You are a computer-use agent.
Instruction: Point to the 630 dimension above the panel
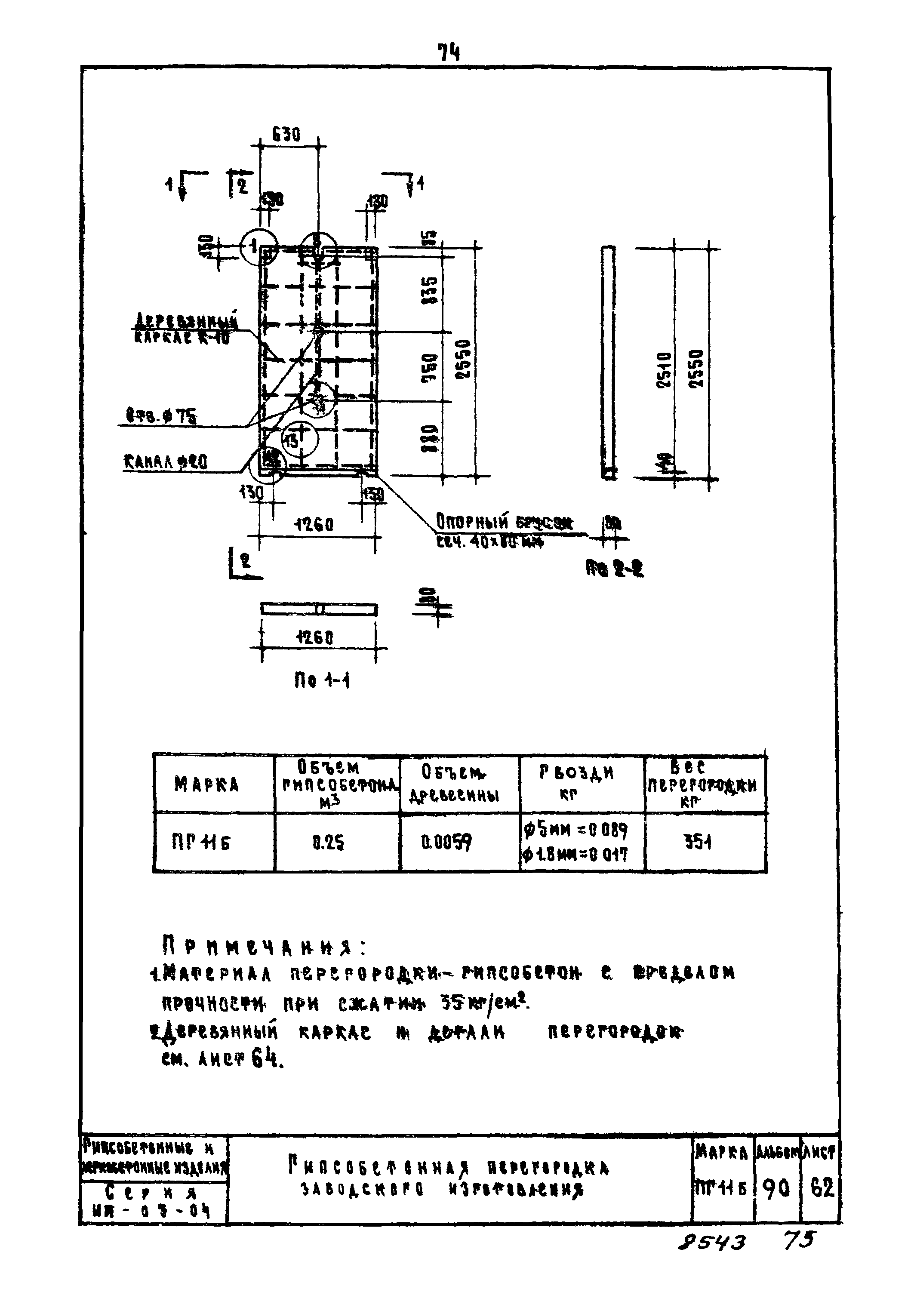[286, 134]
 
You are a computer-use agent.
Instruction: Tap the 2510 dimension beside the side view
[665, 369]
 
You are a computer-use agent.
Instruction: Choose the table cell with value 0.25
[328, 842]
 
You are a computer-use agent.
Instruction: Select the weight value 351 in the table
[698, 842]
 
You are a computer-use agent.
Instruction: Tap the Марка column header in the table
[206, 784]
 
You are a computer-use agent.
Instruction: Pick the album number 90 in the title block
[776, 1189]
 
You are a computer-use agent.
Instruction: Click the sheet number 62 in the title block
[822, 1189]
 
